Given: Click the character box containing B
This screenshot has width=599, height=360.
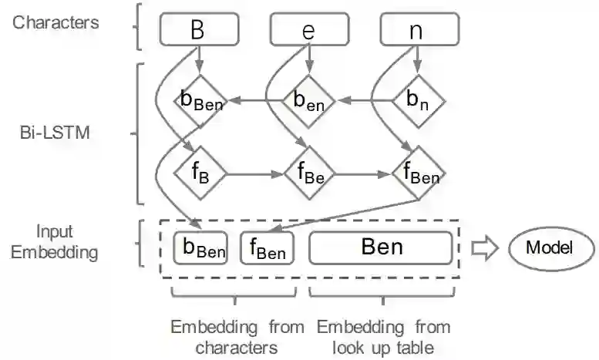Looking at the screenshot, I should tap(199, 31).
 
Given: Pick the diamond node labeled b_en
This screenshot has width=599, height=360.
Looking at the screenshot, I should tap(310, 100).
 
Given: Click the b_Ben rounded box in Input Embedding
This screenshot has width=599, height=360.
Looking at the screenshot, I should tap(200, 247).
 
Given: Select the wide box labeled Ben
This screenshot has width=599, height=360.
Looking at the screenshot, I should tap(381, 247).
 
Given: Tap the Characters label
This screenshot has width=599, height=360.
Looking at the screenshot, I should tap(56, 22).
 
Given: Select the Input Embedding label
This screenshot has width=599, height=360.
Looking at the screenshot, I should tap(55, 241).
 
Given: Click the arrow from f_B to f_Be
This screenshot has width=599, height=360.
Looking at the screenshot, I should tap(254, 173).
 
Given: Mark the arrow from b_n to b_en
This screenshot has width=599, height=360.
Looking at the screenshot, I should tap(365, 100).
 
